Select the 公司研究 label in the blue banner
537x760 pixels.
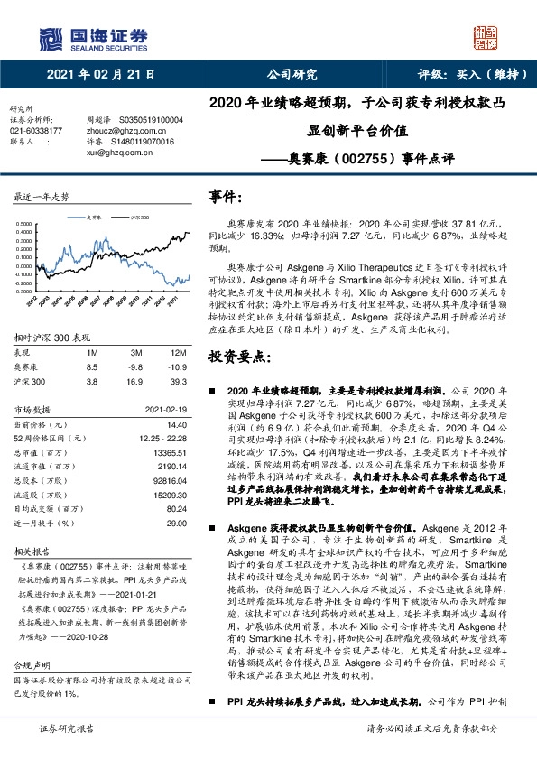[x=292, y=75]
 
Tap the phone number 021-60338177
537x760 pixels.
[x=36, y=131]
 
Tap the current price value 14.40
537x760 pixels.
[x=176, y=423]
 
